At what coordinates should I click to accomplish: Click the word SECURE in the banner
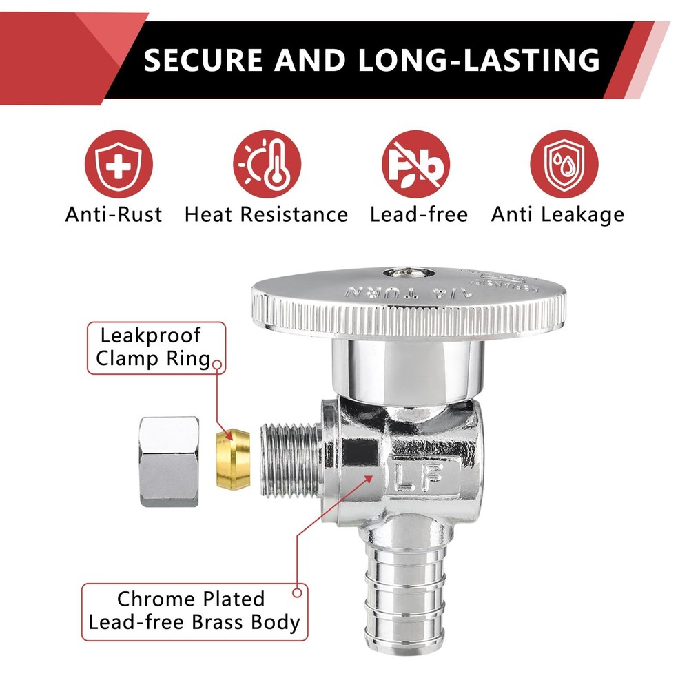203,60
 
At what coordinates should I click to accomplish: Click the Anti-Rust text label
114,214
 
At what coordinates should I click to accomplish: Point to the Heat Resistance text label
266,214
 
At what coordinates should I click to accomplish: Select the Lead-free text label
418,214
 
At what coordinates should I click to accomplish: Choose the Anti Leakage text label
557,214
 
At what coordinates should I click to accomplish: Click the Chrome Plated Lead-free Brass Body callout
195,611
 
